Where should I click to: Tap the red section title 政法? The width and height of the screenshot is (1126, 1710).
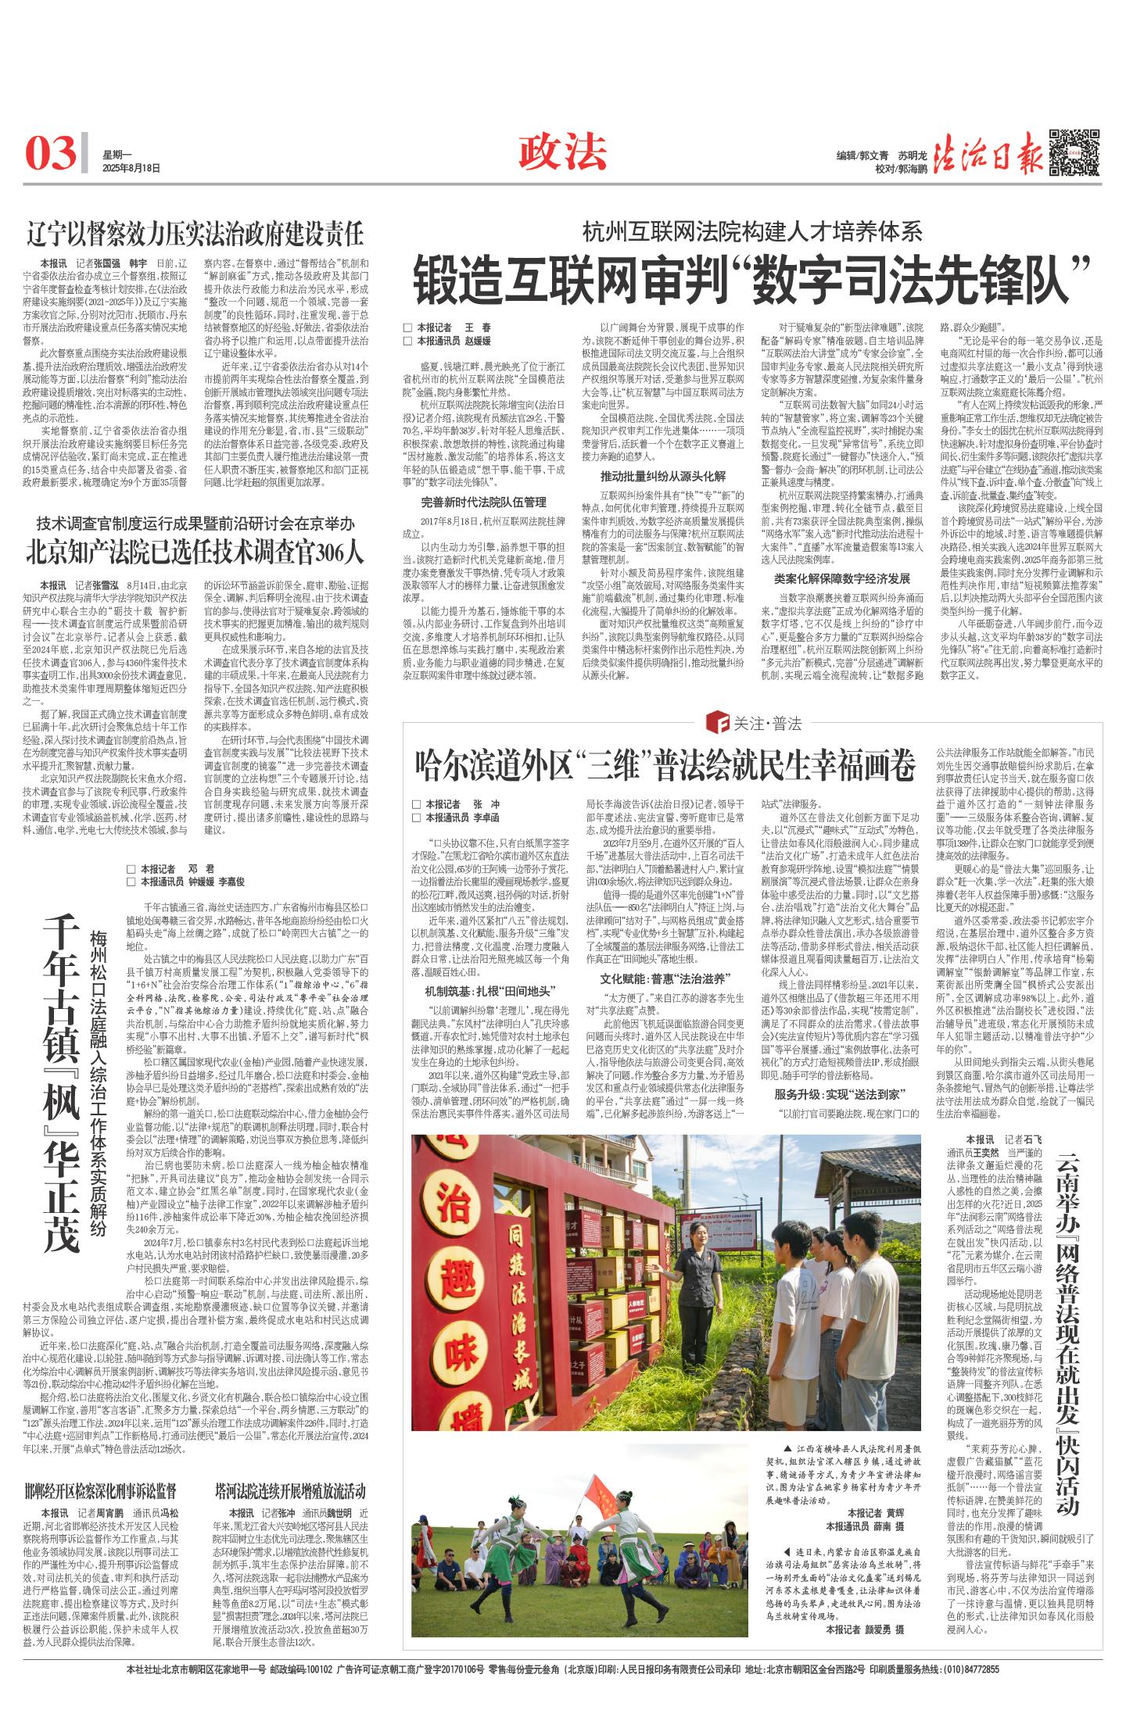pyautogui.click(x=563, y=151)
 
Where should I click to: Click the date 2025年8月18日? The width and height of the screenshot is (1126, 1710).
pyautogui.click(x=131, y=167)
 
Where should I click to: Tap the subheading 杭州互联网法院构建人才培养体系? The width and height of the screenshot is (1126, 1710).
pyautogui.click(x=751, y=231)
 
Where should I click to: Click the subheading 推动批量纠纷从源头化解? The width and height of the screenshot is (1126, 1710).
pyautogui.click(x=662, y=476)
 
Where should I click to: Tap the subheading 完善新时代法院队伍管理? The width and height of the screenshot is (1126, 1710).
pyautogui.click(x=483, y=502)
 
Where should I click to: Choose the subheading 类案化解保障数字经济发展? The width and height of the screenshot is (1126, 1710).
pyautogui.click(x=841, y=579)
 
